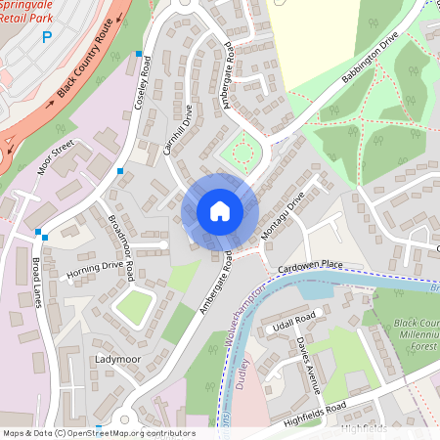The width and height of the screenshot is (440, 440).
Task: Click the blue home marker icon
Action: click(220, 211)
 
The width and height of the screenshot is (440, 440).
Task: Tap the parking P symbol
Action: click(46, 38)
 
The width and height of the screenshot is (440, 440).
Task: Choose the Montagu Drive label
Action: click(284, 216)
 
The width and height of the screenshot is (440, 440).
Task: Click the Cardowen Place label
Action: click(311, 264)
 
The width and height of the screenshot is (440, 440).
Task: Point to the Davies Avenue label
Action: click(309, 364)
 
